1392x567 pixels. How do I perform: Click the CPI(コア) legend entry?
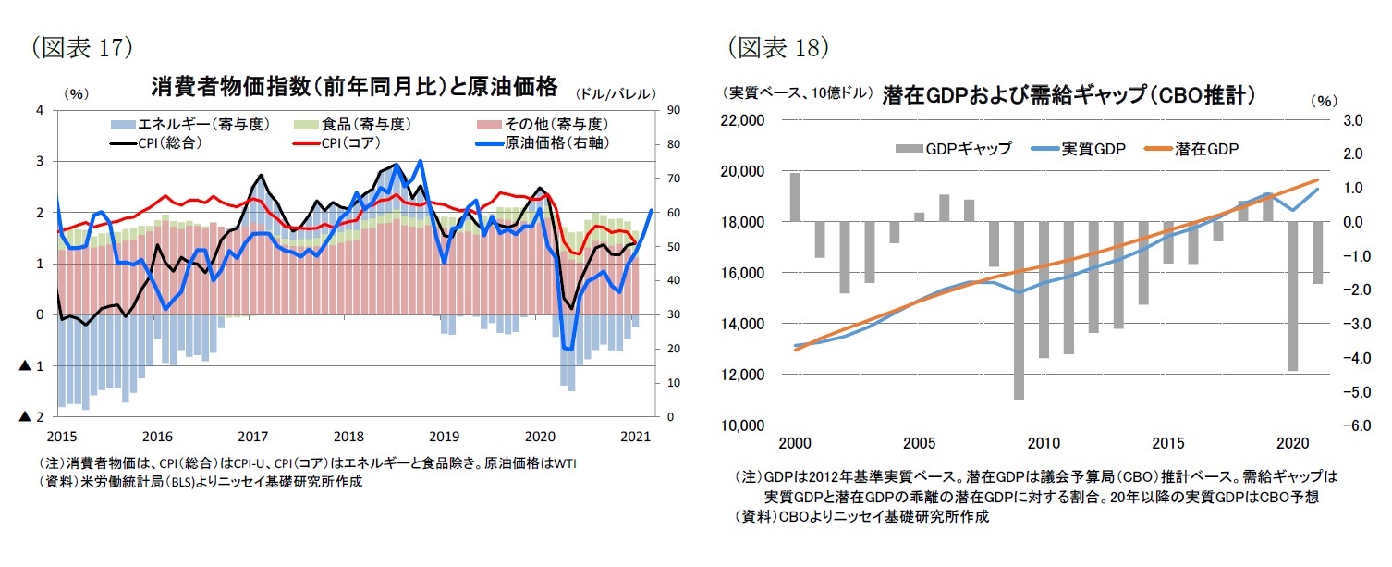335,142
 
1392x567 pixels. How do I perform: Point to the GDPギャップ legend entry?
953,148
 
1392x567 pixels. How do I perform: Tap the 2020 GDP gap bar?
1293,296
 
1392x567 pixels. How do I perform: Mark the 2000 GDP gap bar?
795,197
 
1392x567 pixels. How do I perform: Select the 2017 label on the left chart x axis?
252,436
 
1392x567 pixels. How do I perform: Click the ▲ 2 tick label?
31,417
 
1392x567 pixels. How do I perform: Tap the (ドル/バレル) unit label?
616,93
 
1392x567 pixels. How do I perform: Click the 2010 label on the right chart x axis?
1044,443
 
